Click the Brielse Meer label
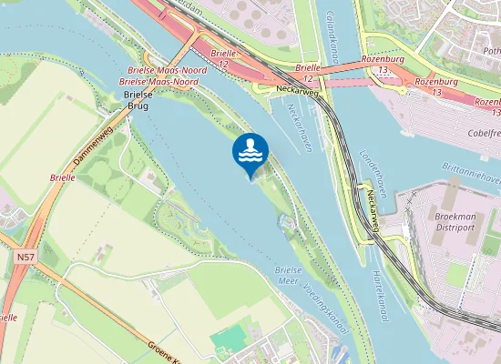pos(288,276)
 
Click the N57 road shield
pos(26,258)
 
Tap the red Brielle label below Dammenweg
pos(63,177)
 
